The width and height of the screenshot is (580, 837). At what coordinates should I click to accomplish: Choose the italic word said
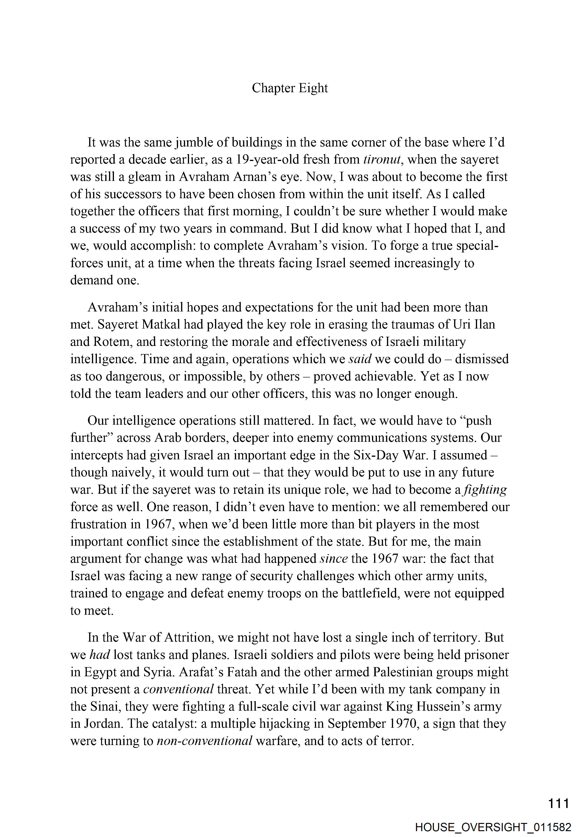[x=360, y=359]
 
